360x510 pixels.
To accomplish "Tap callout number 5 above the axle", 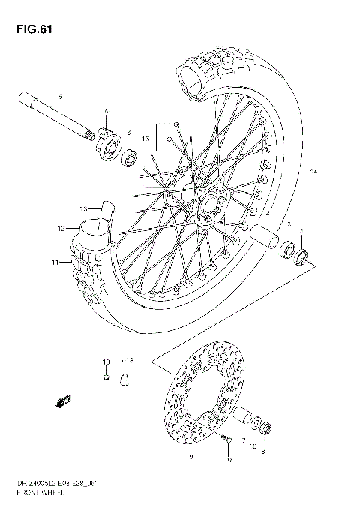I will click(x=61, y=97).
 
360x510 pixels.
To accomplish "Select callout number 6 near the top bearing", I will click(x=107, y=110).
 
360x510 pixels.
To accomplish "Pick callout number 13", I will click(x=85, y=208).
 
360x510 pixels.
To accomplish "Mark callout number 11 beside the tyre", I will click(x=55, y=262).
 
